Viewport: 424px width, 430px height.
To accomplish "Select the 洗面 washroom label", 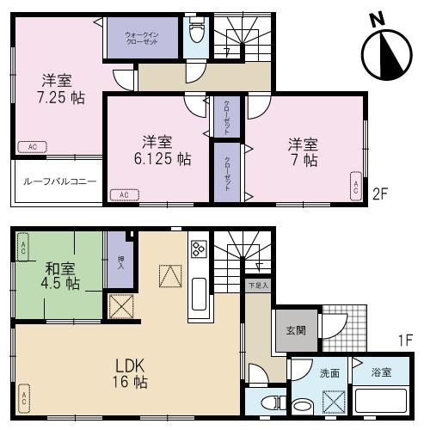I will click(x=329, y=373).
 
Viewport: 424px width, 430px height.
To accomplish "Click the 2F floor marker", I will click(x=378, y=194).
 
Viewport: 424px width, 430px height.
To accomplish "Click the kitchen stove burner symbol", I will click(x=199, y=249).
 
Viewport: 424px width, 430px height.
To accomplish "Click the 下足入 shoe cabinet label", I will click(x=258, y=285).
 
